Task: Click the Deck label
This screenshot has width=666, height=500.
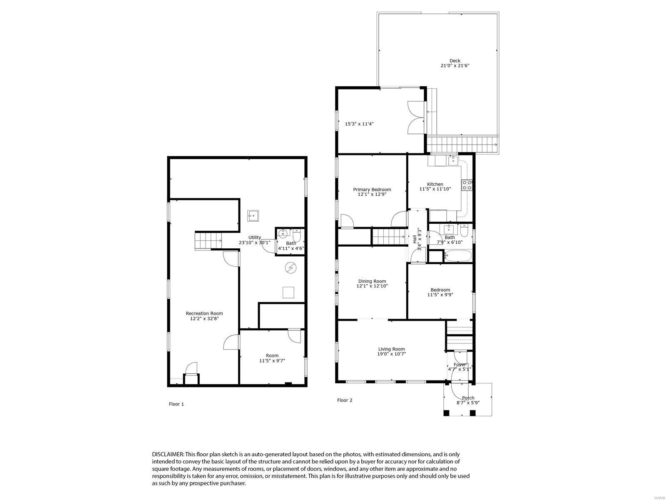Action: tap(455, 61)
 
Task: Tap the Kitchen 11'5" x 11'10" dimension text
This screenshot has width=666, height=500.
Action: tap(435, 189)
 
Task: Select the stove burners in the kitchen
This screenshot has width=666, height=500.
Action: tap(467, 185)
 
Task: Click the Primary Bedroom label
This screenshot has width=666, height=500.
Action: tap(372, 190)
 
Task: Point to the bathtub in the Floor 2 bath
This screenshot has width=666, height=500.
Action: tap(457, 255)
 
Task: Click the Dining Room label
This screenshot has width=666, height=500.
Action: tap(371, 281)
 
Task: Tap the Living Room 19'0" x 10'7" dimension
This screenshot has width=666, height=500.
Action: tap(391, 354)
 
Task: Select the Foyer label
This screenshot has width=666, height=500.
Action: tap(460, 365)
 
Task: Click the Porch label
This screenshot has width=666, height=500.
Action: tap(468, 398)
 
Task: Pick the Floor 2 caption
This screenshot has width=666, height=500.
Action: tap(345, 400)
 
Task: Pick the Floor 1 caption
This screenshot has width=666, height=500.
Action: tap(176, 404)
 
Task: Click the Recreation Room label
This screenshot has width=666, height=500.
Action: tap(204, 313)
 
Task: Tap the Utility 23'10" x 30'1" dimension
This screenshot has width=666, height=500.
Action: tap(254, 242)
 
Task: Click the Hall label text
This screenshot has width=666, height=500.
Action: tap(415, 239)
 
